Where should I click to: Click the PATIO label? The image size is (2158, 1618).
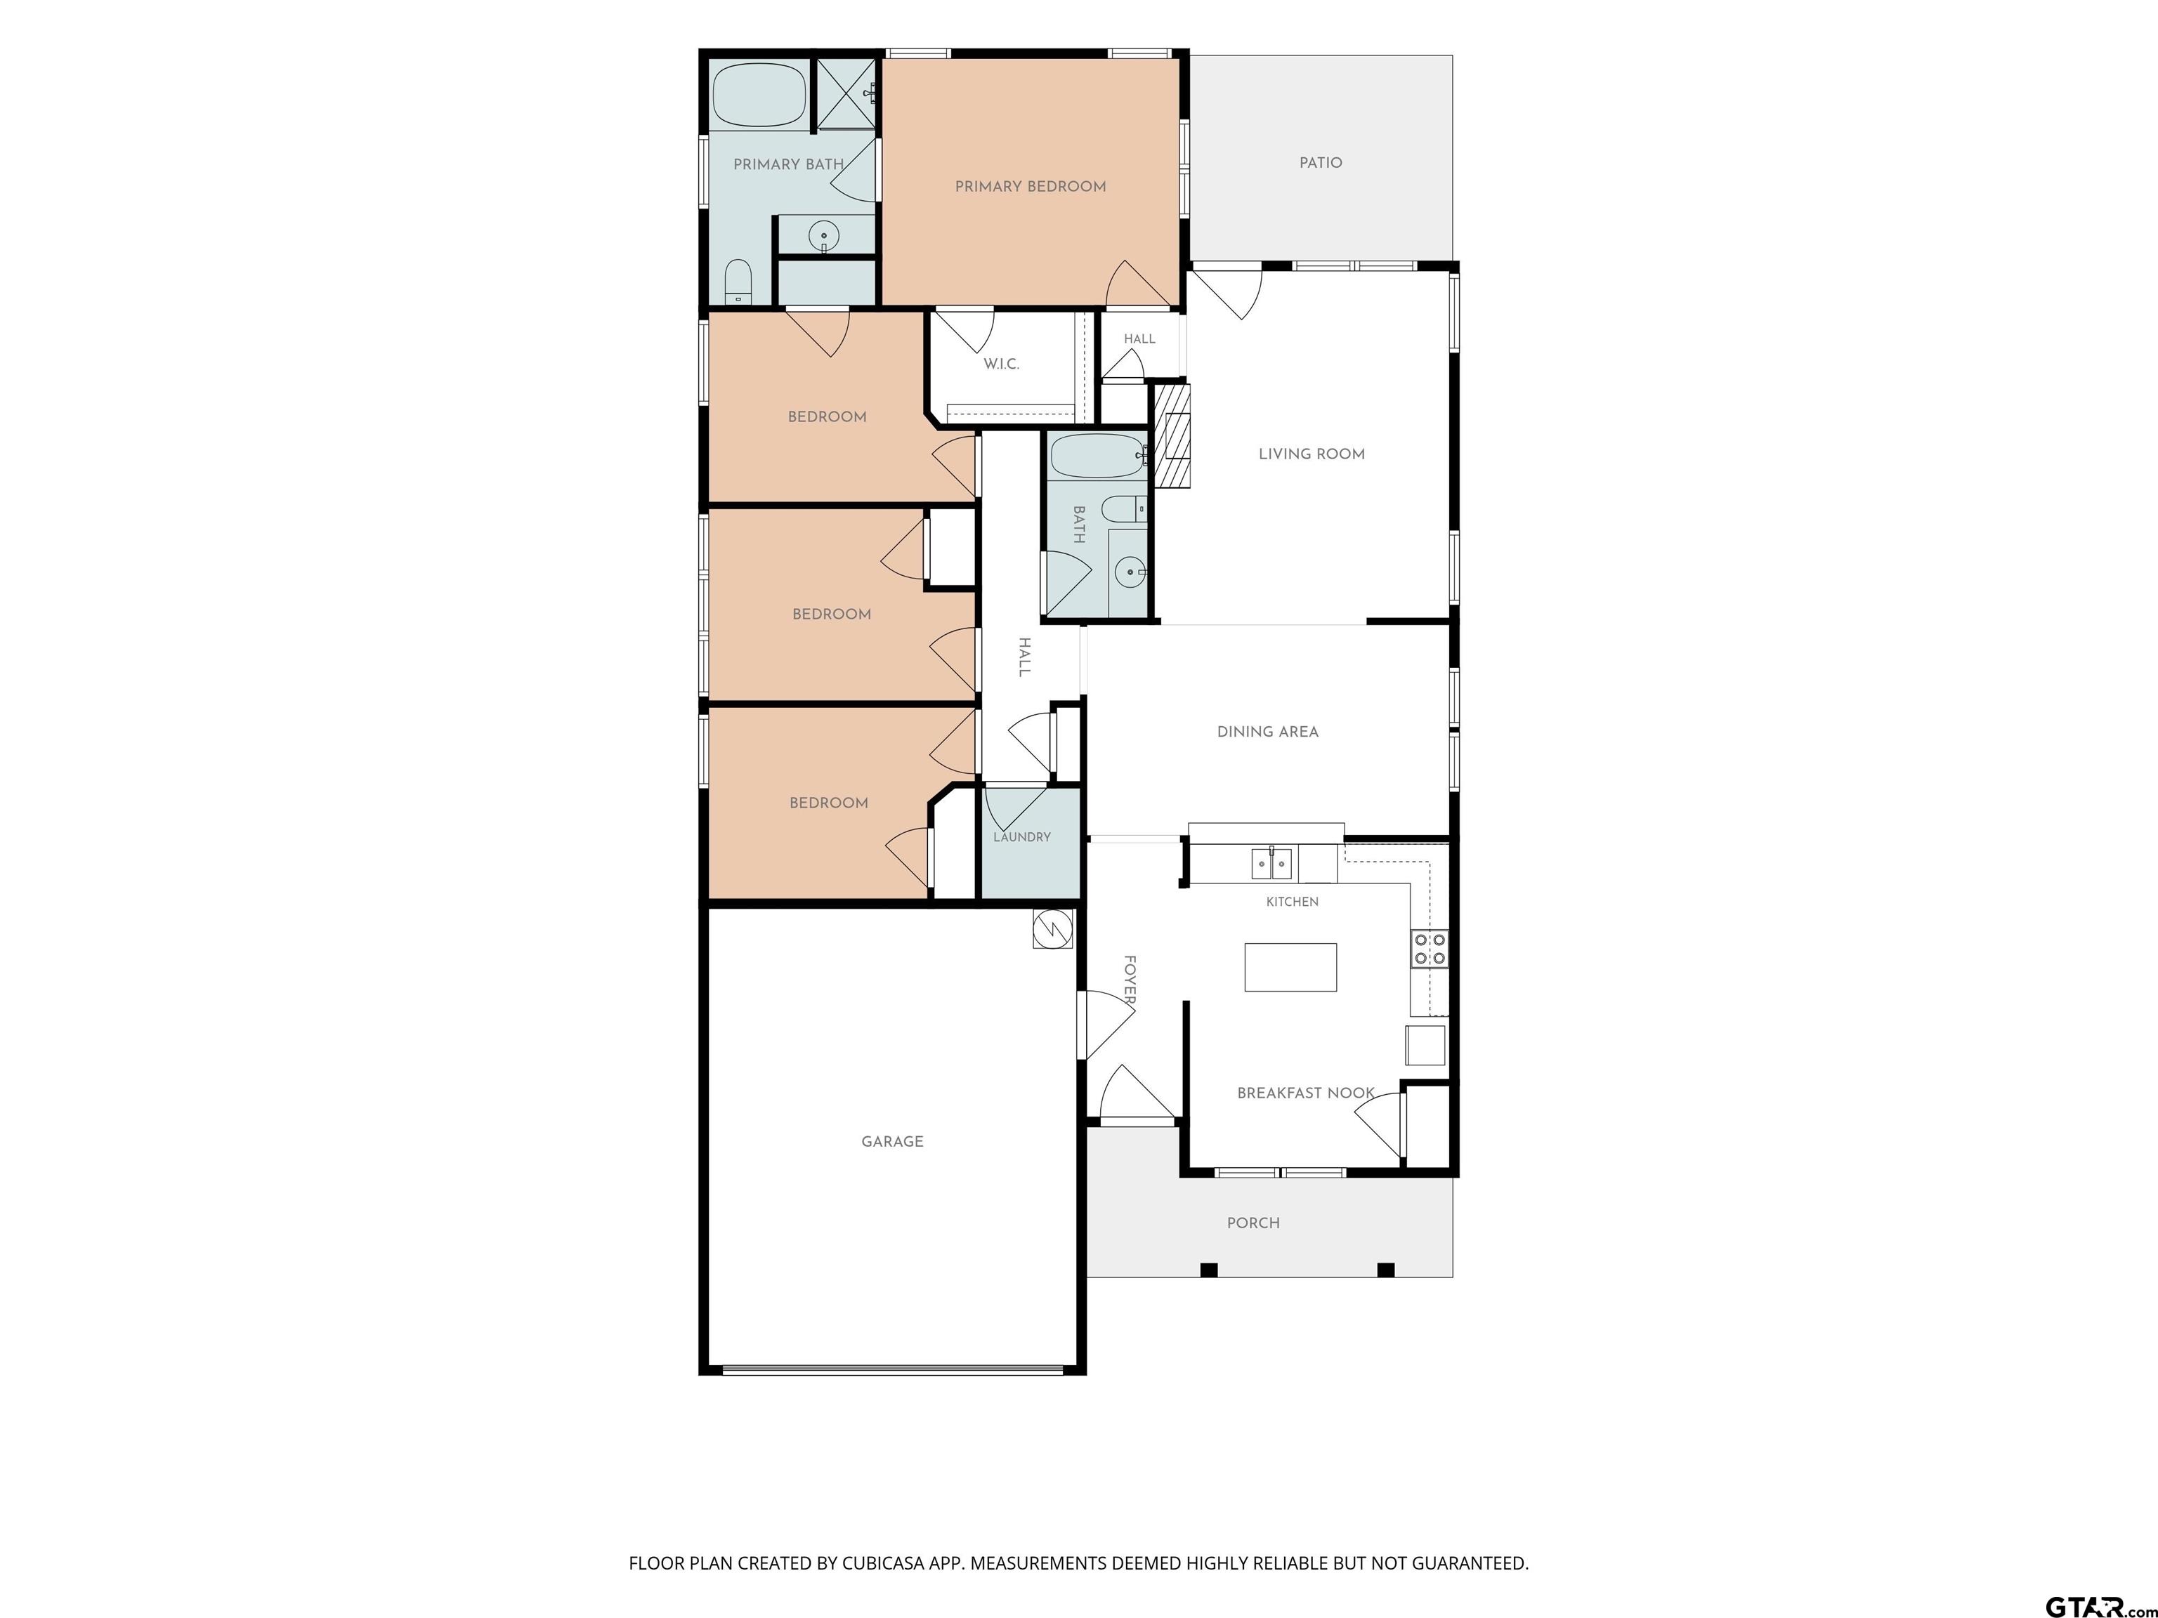coord(1320,163)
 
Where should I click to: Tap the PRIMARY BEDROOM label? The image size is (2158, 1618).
coord(1031,186)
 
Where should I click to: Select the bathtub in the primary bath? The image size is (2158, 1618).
coord(759,96)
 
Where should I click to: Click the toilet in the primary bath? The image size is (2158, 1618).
coord(738,282)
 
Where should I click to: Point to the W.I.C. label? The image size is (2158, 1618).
coord(1001,364)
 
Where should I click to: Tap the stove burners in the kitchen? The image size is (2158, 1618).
coord(1430,949)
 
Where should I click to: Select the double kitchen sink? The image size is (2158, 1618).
coord(1272,864)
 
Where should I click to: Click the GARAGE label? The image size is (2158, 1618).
coord(891,1141)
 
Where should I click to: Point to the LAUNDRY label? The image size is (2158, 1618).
coord(1021,837)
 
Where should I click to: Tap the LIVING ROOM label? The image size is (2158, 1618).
coord(1312,454)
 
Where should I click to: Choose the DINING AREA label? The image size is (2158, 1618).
coord(1267,732)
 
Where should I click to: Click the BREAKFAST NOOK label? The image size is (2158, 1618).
coord(1305,1093)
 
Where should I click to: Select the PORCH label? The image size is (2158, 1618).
coord(1253,1223)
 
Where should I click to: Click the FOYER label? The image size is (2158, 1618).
coord(1129,980)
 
